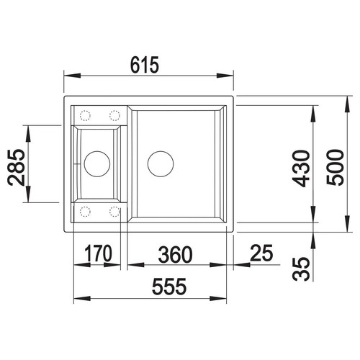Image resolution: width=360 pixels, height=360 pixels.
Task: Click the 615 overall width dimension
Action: (x=145, y=65)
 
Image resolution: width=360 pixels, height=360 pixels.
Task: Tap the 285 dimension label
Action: (x=17, y=168)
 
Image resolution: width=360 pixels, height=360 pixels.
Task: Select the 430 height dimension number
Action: (x=301, y=168)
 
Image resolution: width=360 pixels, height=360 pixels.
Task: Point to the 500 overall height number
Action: (x=336, y=167)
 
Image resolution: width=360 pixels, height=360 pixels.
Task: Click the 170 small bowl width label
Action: (x=99, y=253)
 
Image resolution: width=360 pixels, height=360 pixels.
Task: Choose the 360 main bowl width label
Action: (x=175, y=254)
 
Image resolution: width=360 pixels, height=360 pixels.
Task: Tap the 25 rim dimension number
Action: (x=261, y=253)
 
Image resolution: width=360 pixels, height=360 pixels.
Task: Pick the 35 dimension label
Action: (x=301, y=269)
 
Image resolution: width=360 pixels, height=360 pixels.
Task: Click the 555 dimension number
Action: (x=169, y=287)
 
